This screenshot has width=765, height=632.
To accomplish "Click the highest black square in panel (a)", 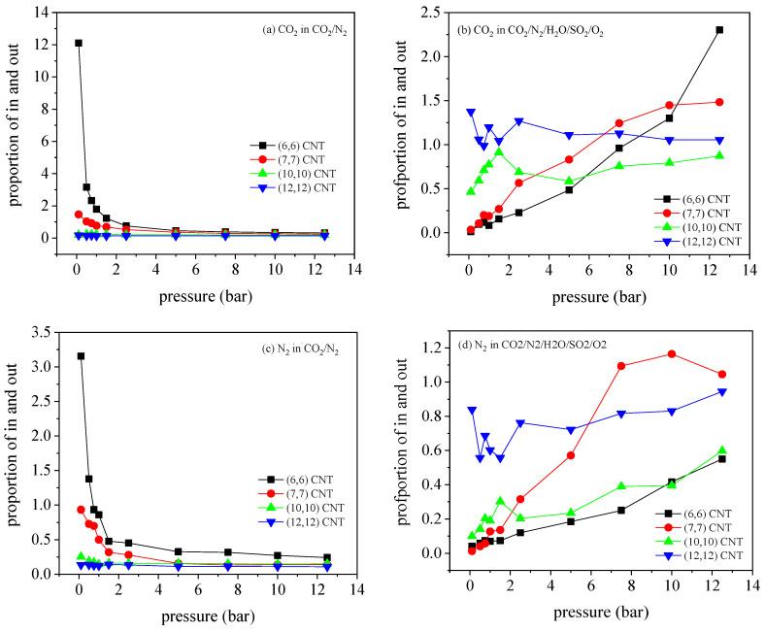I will [x=78, y=43].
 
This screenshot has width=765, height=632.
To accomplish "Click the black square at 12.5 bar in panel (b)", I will [x=719, y=30].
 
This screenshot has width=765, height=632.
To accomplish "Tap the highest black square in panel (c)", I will [x=81, y=356].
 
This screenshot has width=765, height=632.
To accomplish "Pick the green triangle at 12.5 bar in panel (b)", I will [x=719, y=156].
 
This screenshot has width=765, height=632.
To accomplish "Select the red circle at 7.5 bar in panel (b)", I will [x=619, y=123].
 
